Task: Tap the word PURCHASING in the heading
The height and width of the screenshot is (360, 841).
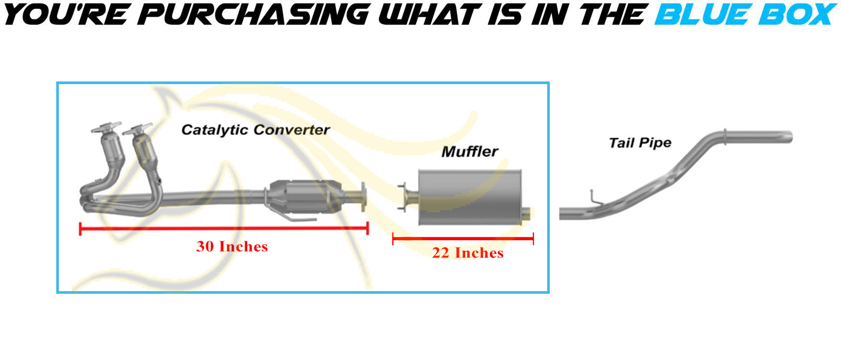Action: pyautogui.click(x=253, y=14)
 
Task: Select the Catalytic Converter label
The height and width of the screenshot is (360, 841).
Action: pyautogui.click(x=255, y=130)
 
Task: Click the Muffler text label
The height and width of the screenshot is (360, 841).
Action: pyautogui.click(x=470, y=152)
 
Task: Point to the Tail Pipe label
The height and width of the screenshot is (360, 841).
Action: pyautogui.click(x=640, y=143)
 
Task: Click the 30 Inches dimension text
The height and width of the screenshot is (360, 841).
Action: pyautogui.click(x=232, y=246)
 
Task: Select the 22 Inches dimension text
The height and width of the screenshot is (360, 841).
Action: pyautogui.click(x=468, y=253)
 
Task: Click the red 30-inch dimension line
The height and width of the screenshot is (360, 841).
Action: pyautogui.click(x=224, y=228)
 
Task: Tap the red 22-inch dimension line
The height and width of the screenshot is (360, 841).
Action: pyautogui.click(x=463, y=239)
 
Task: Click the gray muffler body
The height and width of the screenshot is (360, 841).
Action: pyautogui.click(x=470, y=198)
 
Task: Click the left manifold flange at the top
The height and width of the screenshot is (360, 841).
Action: pyautogui.click(x=106, y=127)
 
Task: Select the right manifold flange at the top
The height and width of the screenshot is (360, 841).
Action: pyautogui.click(x=137, y=129)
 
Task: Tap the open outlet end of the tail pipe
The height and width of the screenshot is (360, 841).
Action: pyautogui.click(x=789, y=137)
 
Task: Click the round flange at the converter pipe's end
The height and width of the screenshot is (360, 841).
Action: pyautogui.click(x=363, y=197)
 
